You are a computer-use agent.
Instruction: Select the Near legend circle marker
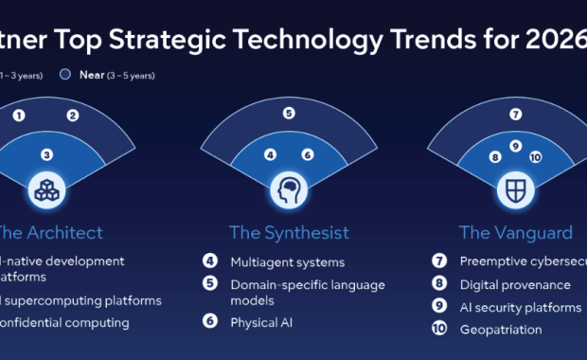click(x=63, y=74)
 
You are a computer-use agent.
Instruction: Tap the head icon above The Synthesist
click(x=289, y=189)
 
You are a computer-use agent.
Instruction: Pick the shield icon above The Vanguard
click(x=514, y=189)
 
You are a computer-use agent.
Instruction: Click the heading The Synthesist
click(x=289, y=232)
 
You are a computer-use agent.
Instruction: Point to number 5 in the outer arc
click(x=289, y=113)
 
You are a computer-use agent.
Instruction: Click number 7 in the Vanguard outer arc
click(x=515, y=115)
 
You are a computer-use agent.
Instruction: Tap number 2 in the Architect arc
click(x=72, y=116)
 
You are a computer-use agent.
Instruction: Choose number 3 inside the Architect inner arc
click(x=45, y=154)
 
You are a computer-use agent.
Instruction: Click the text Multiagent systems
click(x=288, y=261)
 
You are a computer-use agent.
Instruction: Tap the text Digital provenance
click(x=515, y=284)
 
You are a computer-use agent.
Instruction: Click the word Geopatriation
click(x=501, y=330)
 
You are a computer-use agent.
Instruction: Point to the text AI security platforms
click(x=520, y=307)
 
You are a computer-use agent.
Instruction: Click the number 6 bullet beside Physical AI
click(x=210, y=322)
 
